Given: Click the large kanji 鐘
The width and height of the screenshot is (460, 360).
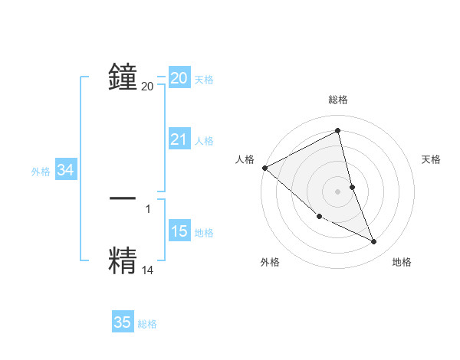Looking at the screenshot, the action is coord(123,77).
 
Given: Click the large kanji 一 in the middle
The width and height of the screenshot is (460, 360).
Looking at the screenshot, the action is coord(123,198).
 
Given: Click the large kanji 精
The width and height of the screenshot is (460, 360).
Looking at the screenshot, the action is coord(123,260).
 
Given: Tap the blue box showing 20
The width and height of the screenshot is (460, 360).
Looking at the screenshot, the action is coord(179,78).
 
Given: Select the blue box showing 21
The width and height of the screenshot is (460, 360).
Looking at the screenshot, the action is coord(179,139).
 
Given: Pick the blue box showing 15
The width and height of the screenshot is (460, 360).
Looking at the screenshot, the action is coord(179,231).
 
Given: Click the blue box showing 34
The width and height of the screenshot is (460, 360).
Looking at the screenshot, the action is coord(66,171).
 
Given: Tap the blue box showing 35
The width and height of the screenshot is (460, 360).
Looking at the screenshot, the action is coord(123,322).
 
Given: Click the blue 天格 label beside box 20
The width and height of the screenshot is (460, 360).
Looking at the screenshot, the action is coord(204,80).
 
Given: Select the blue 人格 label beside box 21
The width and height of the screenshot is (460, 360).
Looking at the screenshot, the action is coord(204,141).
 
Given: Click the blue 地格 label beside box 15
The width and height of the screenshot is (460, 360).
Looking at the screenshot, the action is coord(204,233).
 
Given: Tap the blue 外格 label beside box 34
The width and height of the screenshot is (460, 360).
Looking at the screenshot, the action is coord(41,172).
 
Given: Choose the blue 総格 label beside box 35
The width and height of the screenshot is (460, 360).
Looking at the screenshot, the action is coord(147,324).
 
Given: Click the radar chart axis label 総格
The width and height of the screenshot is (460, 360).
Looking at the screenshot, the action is coord(338,100).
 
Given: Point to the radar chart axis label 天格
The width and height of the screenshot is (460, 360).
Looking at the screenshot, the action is coord(432,159).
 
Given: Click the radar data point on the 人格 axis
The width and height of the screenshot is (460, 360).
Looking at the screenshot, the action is coord(264,168).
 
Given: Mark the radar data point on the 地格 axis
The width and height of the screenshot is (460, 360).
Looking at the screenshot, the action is coord(374,242).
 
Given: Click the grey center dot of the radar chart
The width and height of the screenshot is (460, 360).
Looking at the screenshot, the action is coord(338,191).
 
